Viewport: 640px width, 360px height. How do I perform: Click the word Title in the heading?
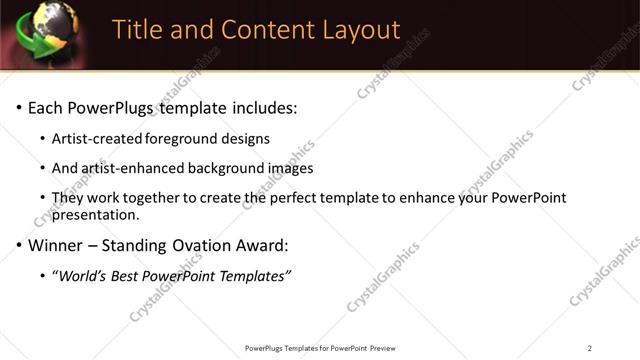[x=137, y=30]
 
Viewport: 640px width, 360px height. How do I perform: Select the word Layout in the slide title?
[x=351, y=30]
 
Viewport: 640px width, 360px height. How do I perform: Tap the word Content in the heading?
[x=255, y=30]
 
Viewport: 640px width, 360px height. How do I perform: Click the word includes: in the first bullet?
[x=263, y=108]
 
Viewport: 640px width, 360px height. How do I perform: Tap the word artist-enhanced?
[x=131, y=168]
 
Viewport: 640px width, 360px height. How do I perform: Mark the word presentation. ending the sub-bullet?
[x=95, y=214]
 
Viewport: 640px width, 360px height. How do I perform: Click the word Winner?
[x=57, y=245]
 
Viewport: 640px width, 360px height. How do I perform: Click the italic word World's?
[x=83, y=276]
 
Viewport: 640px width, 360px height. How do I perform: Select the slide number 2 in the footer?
[x=589, y=348]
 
